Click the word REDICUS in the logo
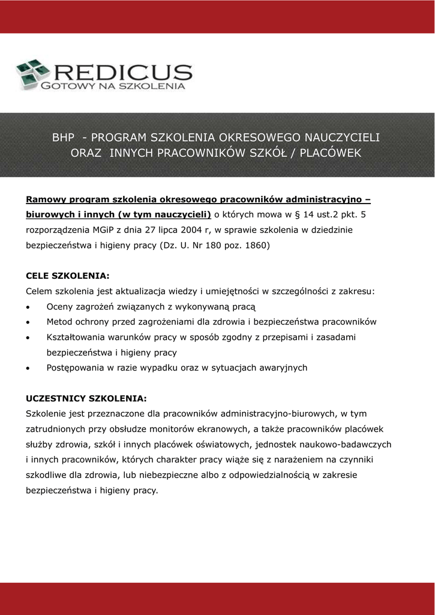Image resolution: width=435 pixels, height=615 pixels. click(122, 72)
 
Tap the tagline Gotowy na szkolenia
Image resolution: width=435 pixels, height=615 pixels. click(113, 87)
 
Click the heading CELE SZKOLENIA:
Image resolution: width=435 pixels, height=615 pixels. click(68, 276)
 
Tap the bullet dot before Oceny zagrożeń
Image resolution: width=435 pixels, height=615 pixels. click(29, 307)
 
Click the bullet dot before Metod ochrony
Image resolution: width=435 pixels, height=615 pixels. click(29, 323)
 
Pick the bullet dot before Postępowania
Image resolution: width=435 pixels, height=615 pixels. click(29, 368)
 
